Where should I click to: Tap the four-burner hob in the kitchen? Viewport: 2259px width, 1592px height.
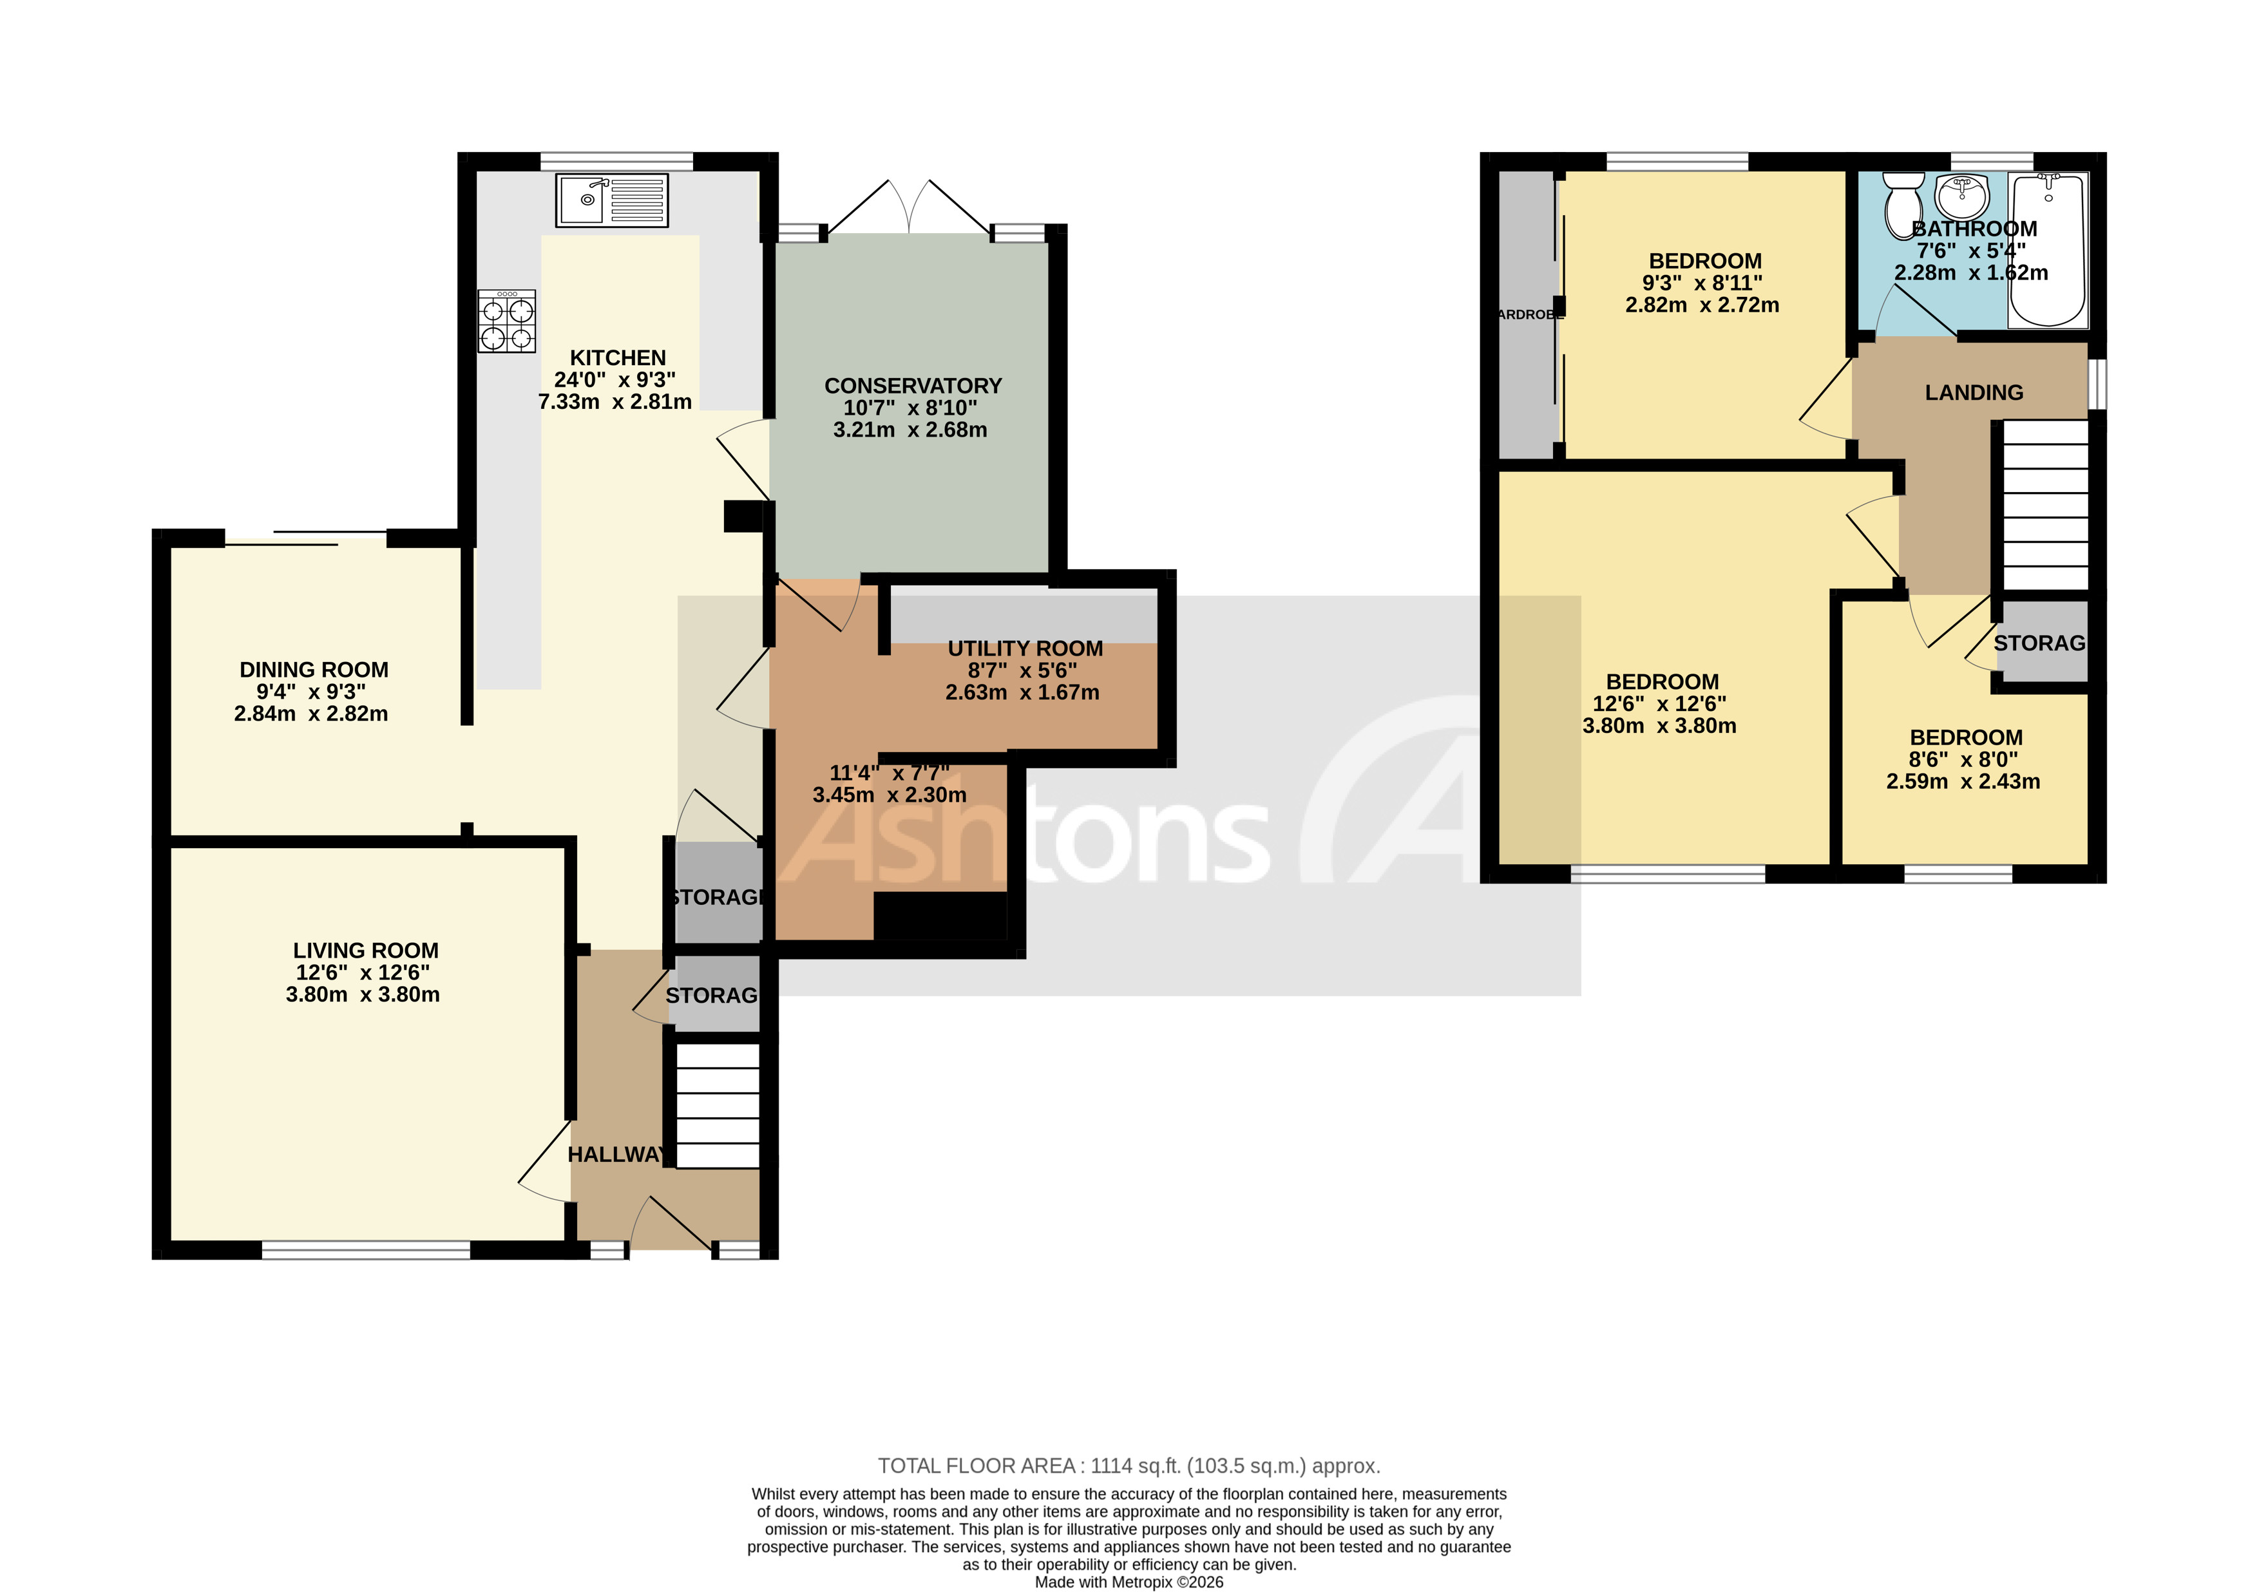[x=507, y=321]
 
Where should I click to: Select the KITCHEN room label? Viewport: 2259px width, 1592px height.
[x=618, y=358]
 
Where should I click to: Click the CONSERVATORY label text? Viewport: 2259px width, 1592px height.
[x=912, y=386]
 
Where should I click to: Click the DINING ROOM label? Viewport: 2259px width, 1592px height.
[x=314, y=670]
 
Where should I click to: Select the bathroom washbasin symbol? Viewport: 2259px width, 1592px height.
[x=1961, y=196]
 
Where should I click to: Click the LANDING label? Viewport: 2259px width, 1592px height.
[x=1973, y=393]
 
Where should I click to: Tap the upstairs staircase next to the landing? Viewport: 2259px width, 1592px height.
[x=2046, y=506]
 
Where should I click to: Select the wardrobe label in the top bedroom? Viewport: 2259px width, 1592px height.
[x=1528, y=315]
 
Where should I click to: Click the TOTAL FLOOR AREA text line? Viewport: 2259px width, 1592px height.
[x=1129, y=1466]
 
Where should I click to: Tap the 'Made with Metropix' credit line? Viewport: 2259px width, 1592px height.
[x=1129, y=1582]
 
